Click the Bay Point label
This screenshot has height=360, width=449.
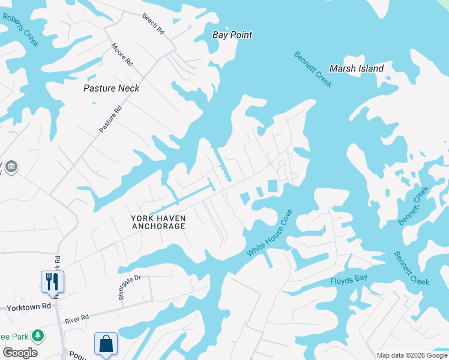point(232,35)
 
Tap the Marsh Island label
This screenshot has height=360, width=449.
point(357,68)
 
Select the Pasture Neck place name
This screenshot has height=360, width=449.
point(111,88)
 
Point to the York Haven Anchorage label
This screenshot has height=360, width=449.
point(158,222)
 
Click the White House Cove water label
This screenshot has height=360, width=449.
point(270,233)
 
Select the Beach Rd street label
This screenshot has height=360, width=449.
point(153,23)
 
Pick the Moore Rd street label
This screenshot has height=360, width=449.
point(122,53)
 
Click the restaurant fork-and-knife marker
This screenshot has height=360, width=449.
point(52,281)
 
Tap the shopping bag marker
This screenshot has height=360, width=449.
point(106,344)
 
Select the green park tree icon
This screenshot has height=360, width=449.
point(38,334)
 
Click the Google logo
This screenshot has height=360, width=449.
point(20,352)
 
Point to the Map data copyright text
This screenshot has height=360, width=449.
point(411,355)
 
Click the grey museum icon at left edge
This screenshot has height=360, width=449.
point(11,166)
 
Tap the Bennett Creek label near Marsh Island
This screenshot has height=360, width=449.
point(313,70)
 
